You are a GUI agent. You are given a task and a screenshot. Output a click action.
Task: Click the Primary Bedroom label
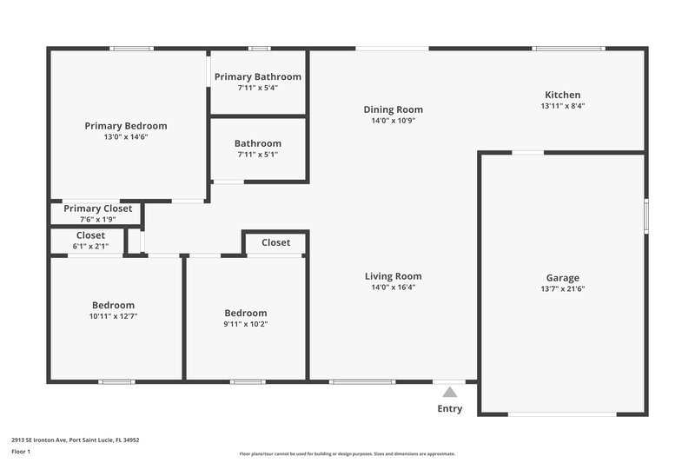click(126, 126)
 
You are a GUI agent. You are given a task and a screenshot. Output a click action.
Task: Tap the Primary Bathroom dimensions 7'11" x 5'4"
click(258, 88)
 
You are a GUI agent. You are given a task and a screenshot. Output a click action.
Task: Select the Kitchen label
click(562, 95)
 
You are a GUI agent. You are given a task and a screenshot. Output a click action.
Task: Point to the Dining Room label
click(393, 109)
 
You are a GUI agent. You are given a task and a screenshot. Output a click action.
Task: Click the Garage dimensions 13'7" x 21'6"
click(562, 289)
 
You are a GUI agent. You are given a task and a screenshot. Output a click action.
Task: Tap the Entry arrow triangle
click(449, 393)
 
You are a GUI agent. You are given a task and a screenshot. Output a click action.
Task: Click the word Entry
click(450, 408)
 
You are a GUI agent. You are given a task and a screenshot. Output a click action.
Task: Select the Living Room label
click(393, 276)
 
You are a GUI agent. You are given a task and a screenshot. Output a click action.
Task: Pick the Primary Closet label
click(98, 208)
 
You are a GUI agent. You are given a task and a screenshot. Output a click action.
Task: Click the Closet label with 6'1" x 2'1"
click(90, 235)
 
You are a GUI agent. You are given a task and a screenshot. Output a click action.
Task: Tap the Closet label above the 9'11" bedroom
click(275, 242)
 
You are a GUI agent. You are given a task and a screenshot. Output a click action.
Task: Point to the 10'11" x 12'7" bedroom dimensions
click(113, 316)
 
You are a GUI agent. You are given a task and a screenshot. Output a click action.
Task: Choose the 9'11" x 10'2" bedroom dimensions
click(246, 324)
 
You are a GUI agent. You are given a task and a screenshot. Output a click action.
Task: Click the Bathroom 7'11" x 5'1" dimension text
click(258, 155)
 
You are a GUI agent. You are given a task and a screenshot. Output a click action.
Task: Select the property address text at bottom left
click(75, 440)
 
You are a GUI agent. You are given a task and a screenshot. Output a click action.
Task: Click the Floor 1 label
click(21, 453)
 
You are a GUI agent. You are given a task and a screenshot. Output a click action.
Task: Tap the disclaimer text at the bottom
click(347, 453)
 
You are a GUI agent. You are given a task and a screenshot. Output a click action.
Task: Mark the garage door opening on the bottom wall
click(562, 413)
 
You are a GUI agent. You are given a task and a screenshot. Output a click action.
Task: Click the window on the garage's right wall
click(645, 215)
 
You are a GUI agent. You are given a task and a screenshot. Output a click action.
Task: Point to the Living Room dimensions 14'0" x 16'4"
click(393, 288)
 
